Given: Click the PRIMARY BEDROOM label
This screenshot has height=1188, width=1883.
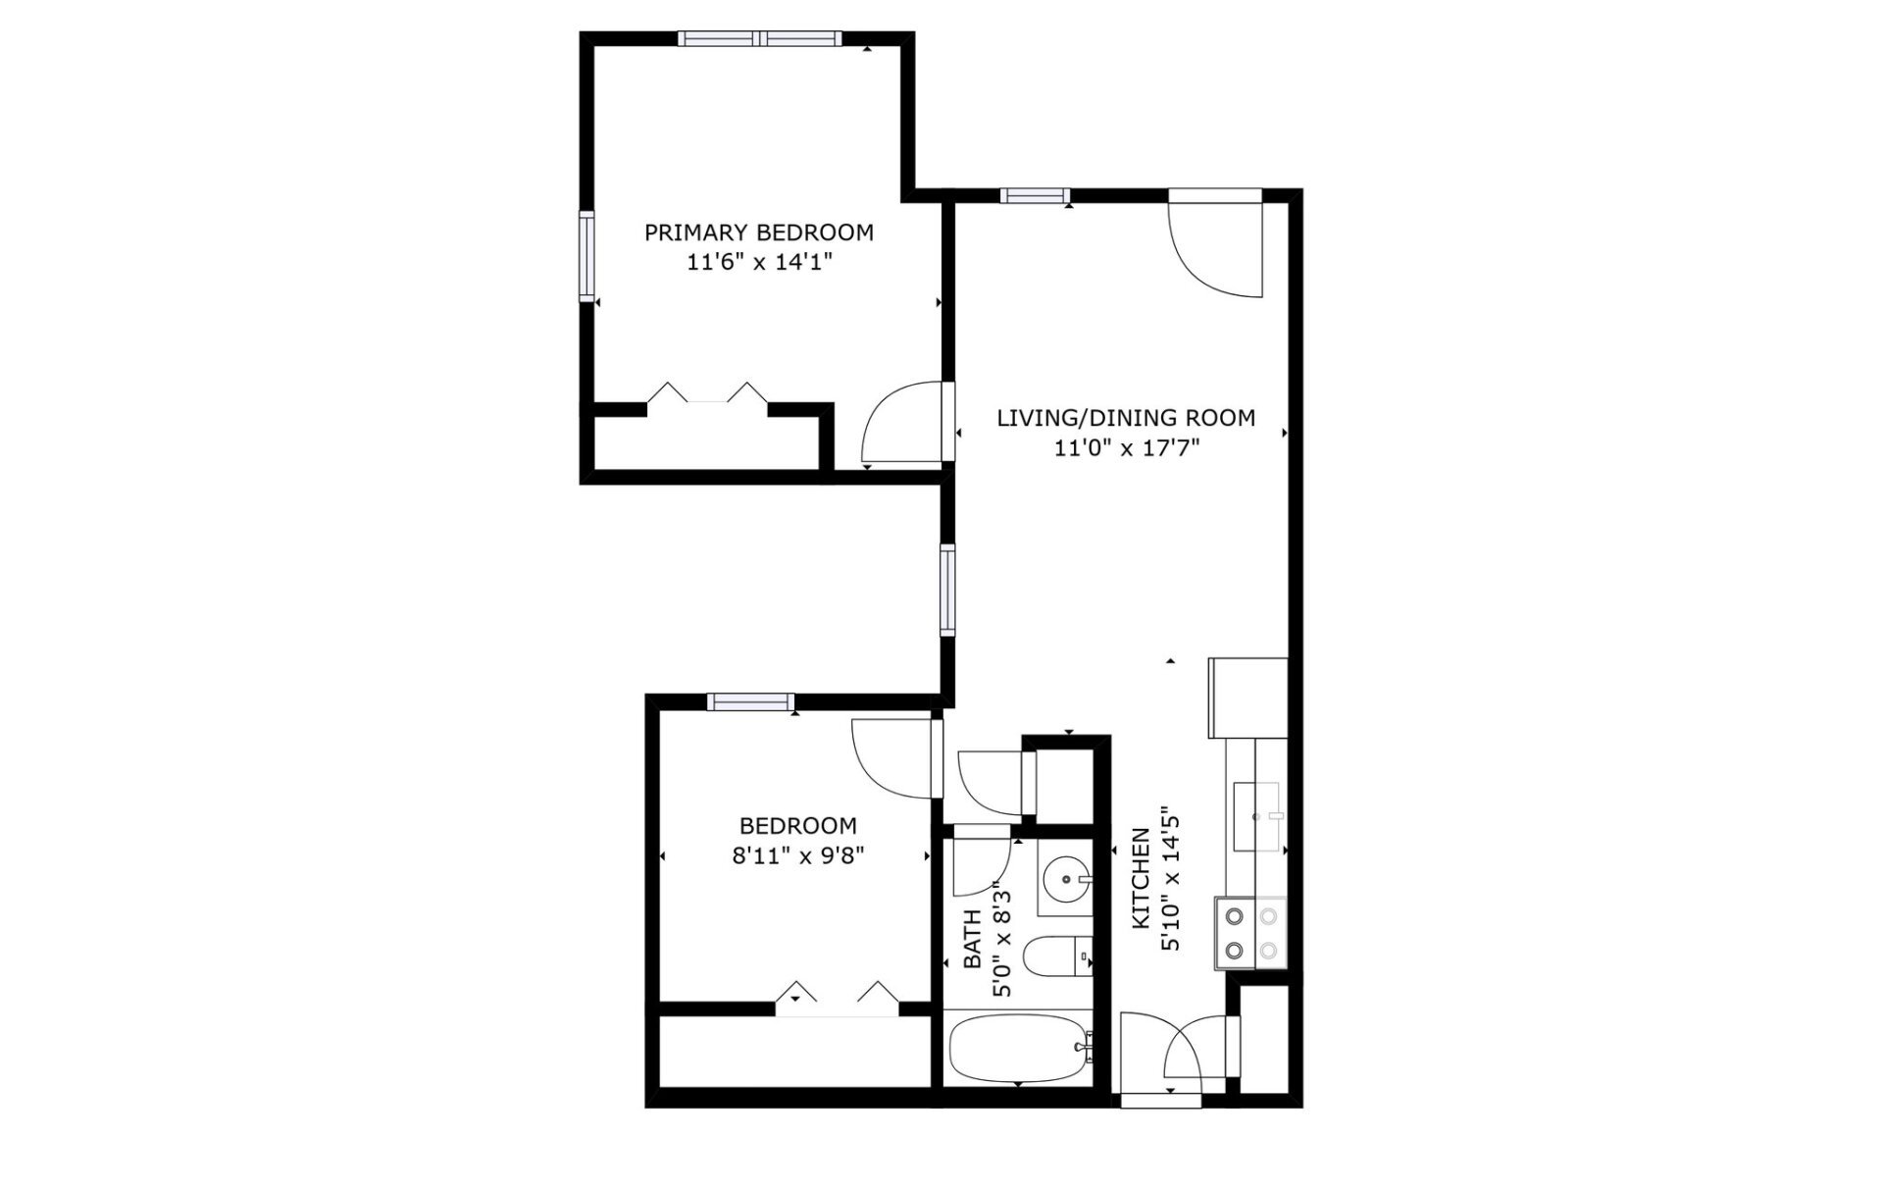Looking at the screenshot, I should tap(758, 232).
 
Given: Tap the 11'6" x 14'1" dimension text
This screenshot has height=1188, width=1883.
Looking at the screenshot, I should tap(758, 262).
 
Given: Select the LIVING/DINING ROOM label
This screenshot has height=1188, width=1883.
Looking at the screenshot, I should tap(1125, 418).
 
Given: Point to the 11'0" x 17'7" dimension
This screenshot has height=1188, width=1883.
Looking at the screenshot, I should tap(1125, 448).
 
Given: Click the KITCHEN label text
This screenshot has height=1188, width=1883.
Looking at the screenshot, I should tap(1141, 879).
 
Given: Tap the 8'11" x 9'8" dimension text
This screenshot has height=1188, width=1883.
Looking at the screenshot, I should tap(797, 855).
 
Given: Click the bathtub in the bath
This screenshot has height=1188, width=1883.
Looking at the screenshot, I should tap(1018, 1047).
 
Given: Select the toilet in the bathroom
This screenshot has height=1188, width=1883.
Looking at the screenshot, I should tap(1057, 956).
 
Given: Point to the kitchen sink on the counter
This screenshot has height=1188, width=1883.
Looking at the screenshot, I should tap(1257, 816).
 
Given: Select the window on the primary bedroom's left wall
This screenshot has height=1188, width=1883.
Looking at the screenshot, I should tap(586, 256).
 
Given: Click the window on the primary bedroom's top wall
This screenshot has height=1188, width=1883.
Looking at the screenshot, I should tap(759, 38).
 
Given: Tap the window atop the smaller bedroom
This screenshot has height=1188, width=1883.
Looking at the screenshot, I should tap(750, 701).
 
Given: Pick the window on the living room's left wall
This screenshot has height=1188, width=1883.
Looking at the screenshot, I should tap(946, 589).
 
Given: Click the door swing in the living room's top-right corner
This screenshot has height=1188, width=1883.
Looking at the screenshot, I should tap(1214, 245).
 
